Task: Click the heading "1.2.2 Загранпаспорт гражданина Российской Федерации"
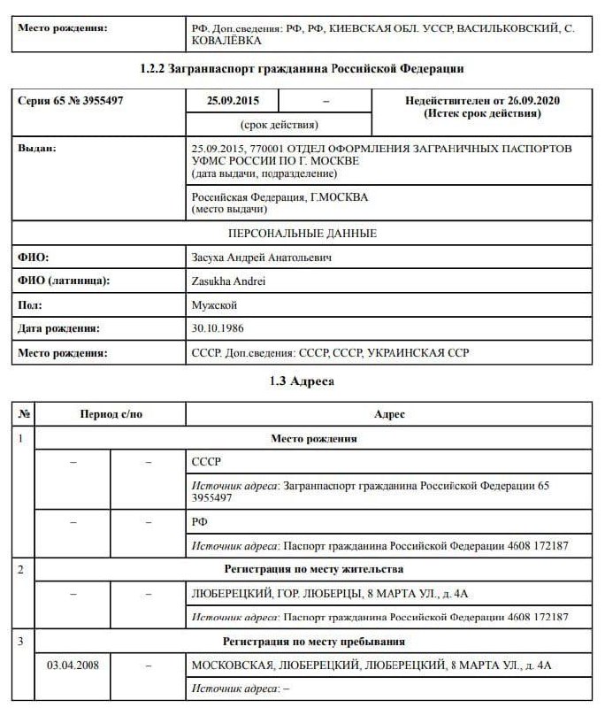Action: click(x=302, y=68)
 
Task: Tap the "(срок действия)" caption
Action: click(x=280, y=125)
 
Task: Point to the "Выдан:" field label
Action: click(x=36, y=148)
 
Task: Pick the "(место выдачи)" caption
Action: click(x=229, y=209)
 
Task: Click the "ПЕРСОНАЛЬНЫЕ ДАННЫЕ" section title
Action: click(x=302, y=234)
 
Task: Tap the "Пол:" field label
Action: click(x=30, y=305)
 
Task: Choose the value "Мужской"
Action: click(x=214, y=305)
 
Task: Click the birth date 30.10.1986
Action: click(x=218, y=328)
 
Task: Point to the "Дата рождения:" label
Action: click(x=58, y=328)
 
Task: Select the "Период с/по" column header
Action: click(x=111, y=414)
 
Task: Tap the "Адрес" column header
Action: click(x=389, y=414)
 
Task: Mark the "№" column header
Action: click(x=24, y=414)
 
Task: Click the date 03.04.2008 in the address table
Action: click(x=73, y=665)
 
